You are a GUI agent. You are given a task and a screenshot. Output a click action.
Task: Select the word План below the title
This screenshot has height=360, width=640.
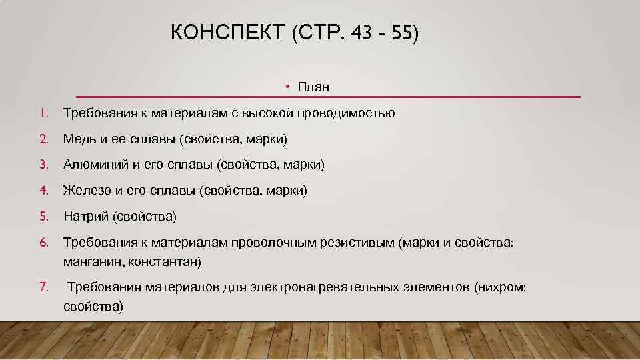[x=314, y=87]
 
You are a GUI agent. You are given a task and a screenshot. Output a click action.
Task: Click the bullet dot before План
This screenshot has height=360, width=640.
[x=285, y=87]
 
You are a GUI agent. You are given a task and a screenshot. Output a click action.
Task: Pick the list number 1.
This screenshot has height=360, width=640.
[x=42, y=113]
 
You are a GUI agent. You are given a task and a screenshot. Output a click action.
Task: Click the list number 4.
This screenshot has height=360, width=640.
[x=43, y=191]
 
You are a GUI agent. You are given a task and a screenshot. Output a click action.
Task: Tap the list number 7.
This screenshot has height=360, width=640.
[x=43, y=287]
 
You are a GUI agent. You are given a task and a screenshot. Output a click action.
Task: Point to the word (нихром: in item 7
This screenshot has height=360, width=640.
[x=500, y=287]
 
